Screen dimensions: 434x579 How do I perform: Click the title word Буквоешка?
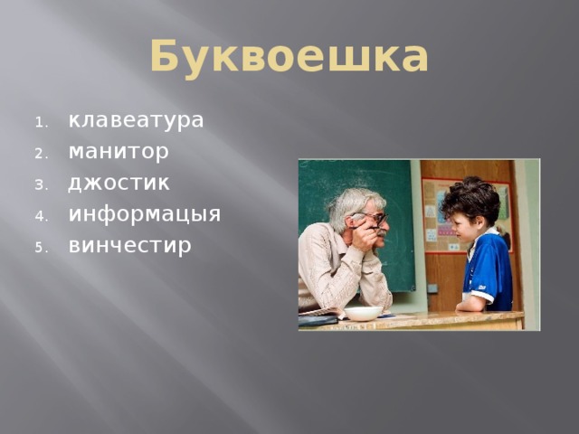pos(289,56)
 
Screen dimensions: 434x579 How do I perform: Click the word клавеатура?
pos(136,120)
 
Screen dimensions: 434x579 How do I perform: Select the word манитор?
pos(118,151)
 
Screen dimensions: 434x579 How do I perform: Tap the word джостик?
pos(119,183)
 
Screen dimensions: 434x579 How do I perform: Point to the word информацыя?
pos(144,214)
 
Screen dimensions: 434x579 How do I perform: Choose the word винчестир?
pos(129,245)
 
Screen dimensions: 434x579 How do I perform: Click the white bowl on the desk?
pos(363,313)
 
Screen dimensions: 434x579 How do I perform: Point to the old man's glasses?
pos(371,217)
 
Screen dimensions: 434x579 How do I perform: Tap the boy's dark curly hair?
pos(470,197)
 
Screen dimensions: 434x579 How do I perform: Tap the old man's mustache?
pos(381,232)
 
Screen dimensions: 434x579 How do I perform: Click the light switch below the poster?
pos(432,288)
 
